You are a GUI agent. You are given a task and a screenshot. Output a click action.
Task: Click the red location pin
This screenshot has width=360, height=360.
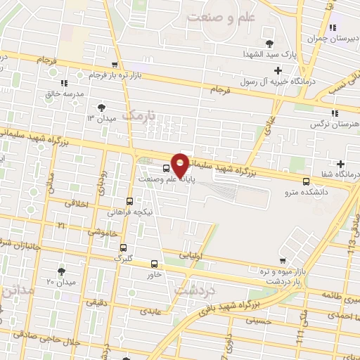click(181, 165)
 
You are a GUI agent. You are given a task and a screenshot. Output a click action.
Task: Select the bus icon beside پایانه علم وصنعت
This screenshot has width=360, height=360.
click(166, 168)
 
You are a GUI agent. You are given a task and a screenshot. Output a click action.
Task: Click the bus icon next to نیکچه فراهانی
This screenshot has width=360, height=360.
click(129, 201)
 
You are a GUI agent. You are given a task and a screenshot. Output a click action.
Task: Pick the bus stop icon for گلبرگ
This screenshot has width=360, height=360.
click(123, 247)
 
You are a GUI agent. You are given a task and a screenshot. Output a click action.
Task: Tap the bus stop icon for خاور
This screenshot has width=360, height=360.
click(155, 264)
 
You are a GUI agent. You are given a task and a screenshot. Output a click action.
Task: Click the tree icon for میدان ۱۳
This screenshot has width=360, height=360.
click(101, 107)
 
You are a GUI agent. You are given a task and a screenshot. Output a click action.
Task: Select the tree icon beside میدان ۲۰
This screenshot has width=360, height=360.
click(61, 271)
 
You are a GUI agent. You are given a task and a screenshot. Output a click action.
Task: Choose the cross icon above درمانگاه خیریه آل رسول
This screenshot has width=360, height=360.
click(278, 70)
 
